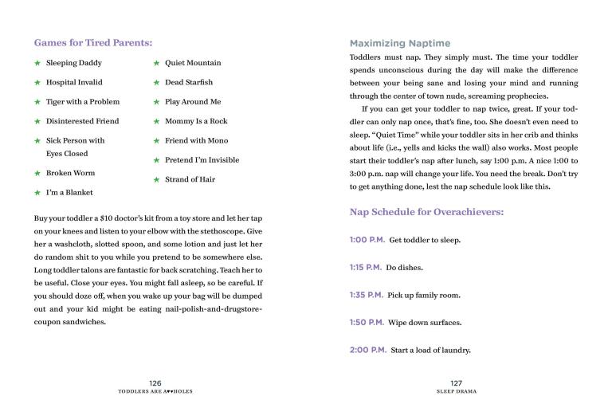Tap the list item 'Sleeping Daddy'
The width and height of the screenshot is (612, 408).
pos(73,63)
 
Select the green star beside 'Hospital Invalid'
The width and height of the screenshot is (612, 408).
pos(37,83)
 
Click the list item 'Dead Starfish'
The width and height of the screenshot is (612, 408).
pos(189,82)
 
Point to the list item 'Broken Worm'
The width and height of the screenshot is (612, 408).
pos(70,173)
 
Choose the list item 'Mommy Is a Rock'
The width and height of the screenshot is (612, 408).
pos(196,121)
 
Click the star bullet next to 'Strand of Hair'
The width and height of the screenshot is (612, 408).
pos(156,180)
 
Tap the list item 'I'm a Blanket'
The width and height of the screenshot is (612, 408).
pos(69,192)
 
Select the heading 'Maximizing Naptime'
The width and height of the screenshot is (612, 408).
pos(399,43)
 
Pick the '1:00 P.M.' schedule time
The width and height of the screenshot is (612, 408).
pos(366,240)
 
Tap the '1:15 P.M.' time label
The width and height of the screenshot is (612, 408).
pos(366,268)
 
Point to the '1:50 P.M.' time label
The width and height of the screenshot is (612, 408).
pos(366,323)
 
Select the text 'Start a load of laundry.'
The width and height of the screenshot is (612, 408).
pos(431,351)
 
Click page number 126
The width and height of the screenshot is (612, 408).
pos(155,383)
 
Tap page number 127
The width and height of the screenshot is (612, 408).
pos(456,383)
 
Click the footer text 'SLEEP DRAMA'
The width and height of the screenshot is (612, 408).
pos(456,392)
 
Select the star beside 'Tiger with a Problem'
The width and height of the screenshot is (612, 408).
pos(37,102)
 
